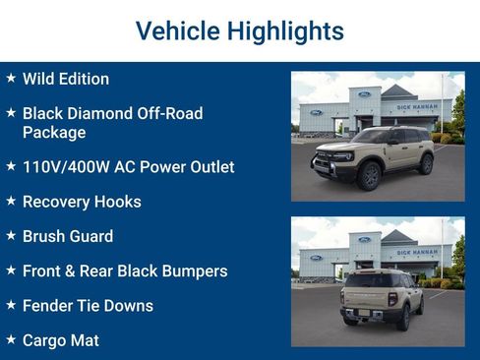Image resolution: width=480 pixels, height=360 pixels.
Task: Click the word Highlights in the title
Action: click(x=285, y=30)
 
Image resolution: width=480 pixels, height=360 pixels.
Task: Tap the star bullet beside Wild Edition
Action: click(x=11, y=78)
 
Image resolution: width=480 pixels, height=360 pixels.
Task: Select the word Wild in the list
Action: click(x=39, y=79)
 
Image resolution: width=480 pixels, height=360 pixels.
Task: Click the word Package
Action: click(x=54, y=132)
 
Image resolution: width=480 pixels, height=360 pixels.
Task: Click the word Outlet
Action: click(x=209, y=167)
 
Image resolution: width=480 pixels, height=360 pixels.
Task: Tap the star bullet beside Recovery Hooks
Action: click(x=11, y=201)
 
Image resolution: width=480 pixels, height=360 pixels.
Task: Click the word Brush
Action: click(x=45, y=236)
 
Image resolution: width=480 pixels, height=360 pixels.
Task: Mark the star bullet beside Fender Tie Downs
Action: click(x=11, y=304)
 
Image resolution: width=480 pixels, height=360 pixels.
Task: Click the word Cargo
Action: click(x=46, y=340)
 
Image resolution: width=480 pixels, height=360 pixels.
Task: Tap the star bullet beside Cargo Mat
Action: click(x=11, y=338)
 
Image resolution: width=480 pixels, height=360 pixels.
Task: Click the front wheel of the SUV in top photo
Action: click(x=370, y=176)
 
